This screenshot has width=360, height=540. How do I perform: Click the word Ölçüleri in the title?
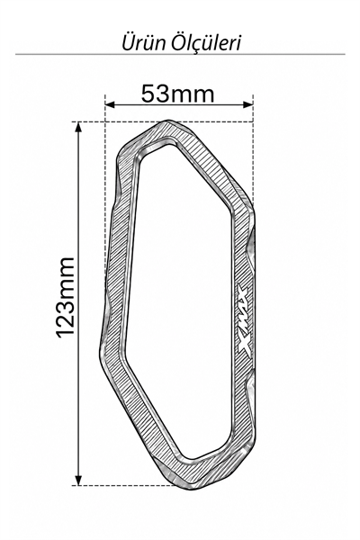(x=207, y=42)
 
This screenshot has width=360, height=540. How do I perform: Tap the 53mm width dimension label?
(x=178, y=94)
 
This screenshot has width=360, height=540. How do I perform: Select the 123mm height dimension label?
(x=65, y=297)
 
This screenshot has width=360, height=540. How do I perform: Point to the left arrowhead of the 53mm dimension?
(x=110, y=104)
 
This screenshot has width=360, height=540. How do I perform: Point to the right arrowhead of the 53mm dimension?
(x=248, y=104)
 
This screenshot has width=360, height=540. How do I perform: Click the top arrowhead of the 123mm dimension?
(x=78, y=127)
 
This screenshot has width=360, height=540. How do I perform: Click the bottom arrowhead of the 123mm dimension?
(x=78, y=480)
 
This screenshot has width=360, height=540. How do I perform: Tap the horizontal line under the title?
(x=180, y=54)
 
